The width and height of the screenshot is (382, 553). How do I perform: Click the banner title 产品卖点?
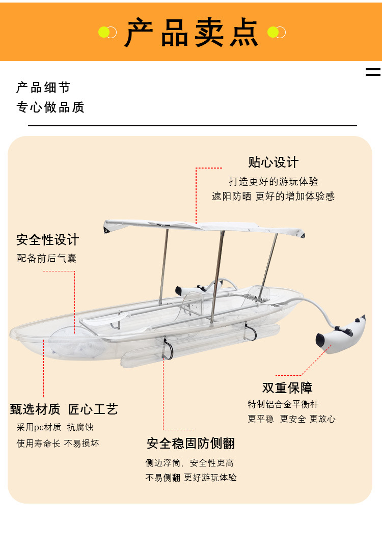[x=192, y=33]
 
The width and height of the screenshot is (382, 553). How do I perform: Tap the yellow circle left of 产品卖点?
[x=104, y=33]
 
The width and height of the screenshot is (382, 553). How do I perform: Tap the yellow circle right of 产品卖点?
[x=273, y=33]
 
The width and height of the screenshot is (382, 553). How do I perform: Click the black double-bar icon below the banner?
[x=373, y=72]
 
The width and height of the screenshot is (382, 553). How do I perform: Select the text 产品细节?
[x=43, y=88]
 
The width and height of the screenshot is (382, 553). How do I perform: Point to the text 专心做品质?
[x=50, y=107]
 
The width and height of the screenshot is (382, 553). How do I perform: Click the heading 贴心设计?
[x=274, y=162]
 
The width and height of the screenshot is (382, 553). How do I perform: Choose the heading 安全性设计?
[x=48, y=239]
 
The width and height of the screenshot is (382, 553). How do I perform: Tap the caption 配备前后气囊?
[x=47, y=258]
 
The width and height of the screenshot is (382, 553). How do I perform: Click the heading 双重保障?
[x=287, y=388]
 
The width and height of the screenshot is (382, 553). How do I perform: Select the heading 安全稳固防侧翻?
[x=191, y=444]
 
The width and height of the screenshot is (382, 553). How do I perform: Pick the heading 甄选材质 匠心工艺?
[x=64, y=409]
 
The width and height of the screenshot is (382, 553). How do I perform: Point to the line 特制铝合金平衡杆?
[x=283, y=404]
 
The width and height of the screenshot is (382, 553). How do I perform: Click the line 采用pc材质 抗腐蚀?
[x=55, y=427]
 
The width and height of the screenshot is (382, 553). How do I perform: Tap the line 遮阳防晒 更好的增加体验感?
[x=274, y=196]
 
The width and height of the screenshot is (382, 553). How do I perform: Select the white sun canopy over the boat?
[x=204, y=228]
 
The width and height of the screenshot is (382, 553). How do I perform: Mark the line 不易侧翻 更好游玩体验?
[x=191, y=478]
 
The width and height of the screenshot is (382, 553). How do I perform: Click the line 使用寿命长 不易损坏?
[x=58, y=444]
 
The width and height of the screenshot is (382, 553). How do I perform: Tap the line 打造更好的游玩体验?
[x=274, y=181]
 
